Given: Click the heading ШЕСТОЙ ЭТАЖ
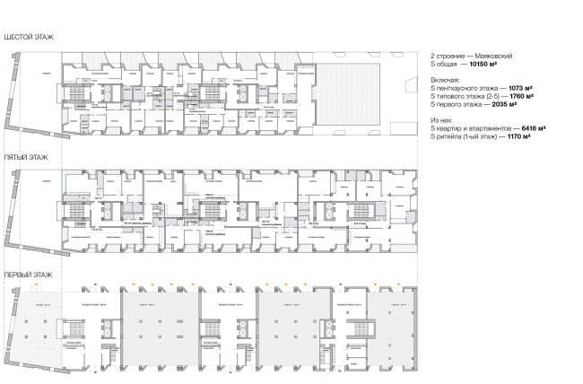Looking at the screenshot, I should (x=28, y=37).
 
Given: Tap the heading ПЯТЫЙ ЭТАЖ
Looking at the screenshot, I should (x=26, y=156).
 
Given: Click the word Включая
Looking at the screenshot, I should (x=445, y=81).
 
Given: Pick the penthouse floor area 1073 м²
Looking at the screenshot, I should (x=519, y=89).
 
